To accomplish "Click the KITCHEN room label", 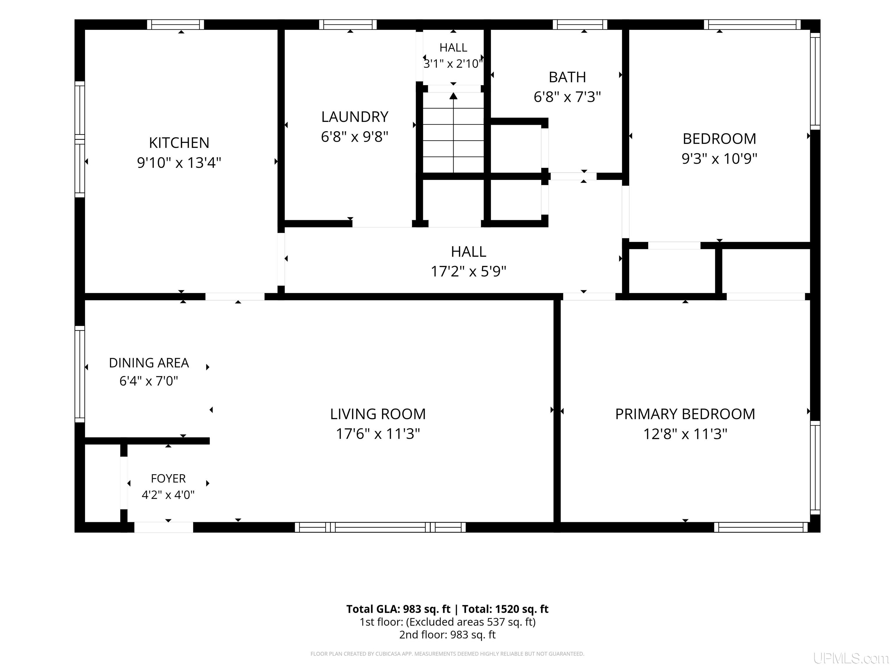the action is point(179,143).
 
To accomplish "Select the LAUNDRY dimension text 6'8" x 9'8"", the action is point(355,137).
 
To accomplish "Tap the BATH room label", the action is point(567,77).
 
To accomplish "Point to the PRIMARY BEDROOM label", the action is point(685,414).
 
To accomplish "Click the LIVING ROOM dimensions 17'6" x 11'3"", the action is point(378,434).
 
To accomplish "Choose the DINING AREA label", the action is point(149,363).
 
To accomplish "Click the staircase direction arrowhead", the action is point(454,96).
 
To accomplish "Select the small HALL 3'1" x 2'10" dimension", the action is point(453,64).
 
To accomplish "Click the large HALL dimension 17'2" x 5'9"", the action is point(468,271).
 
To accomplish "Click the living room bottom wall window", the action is point(380,527).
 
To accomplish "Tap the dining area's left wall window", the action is point(80,374).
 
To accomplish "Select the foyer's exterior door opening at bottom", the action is point(163,527).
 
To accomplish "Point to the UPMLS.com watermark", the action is point(851,658).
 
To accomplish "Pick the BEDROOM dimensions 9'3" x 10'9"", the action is point(719,158).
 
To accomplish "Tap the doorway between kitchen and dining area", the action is point(235,297).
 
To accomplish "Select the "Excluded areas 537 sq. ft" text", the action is point(471,622).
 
